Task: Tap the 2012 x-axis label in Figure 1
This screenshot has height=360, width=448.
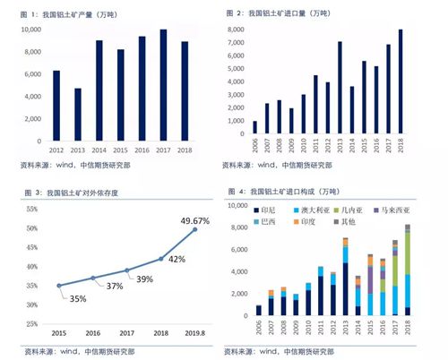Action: click(56, 150)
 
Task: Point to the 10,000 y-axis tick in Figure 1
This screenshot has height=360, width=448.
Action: click(29, 30)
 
